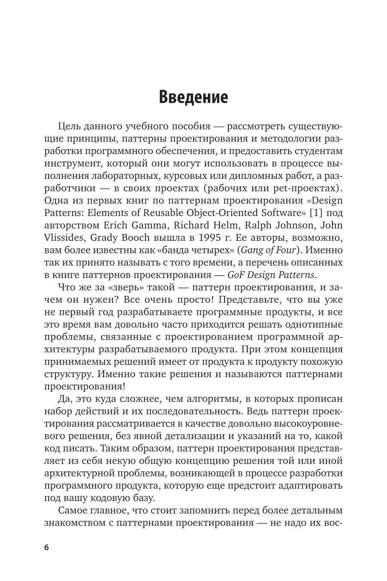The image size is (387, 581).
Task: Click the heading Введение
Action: tap(193, 97)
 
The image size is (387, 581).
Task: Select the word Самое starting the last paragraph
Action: tap(73, 510)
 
